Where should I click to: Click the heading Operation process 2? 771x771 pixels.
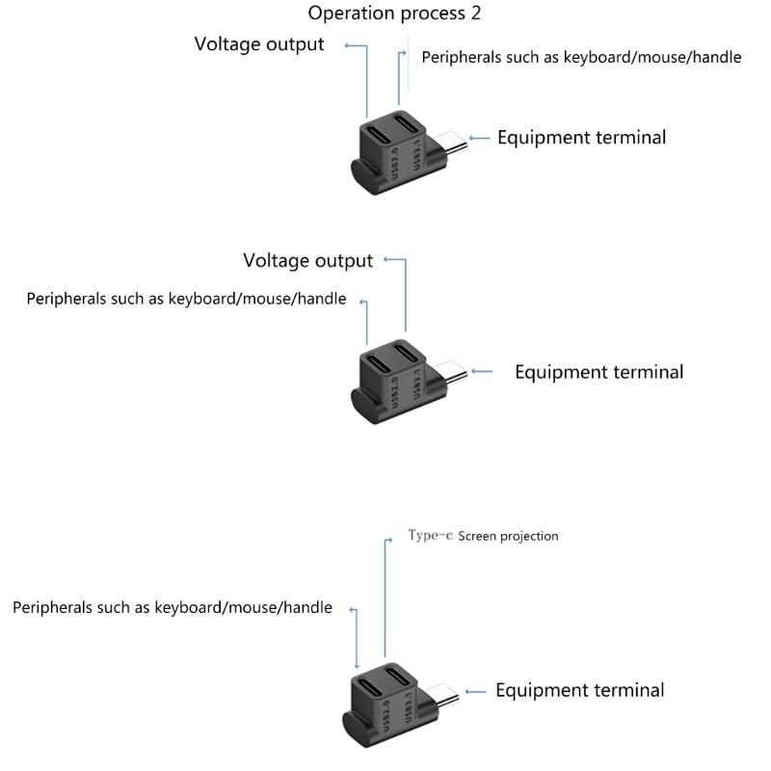click(x=394, y=13)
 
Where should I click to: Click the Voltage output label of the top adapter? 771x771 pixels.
click(x=259, y=44)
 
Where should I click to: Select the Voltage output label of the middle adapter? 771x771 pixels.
click(x=307, y=260)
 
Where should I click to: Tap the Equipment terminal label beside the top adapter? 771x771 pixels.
click(x=581, y=137)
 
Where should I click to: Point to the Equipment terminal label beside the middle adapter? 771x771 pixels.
click(x=598, y=372)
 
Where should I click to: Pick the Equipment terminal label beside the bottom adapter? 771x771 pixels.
click(x=579, y=690)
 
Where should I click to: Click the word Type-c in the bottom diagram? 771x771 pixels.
click(x=430, y=536)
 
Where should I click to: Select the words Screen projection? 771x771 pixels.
click(x=508, y=536)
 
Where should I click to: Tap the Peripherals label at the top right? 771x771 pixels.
click(x=581, y=57)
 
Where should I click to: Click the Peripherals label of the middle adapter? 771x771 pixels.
click(x=186, y=299)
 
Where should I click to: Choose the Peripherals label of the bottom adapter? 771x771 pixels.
click(x=173, y=608)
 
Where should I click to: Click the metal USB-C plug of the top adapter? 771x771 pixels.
click(x=450, y=143)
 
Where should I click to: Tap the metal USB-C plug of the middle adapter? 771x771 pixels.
click(x=450, y=375)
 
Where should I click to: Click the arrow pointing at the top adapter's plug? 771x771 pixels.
click(x=479, y=138)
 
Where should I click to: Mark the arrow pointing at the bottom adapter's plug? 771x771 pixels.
click(x=476, y=691)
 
